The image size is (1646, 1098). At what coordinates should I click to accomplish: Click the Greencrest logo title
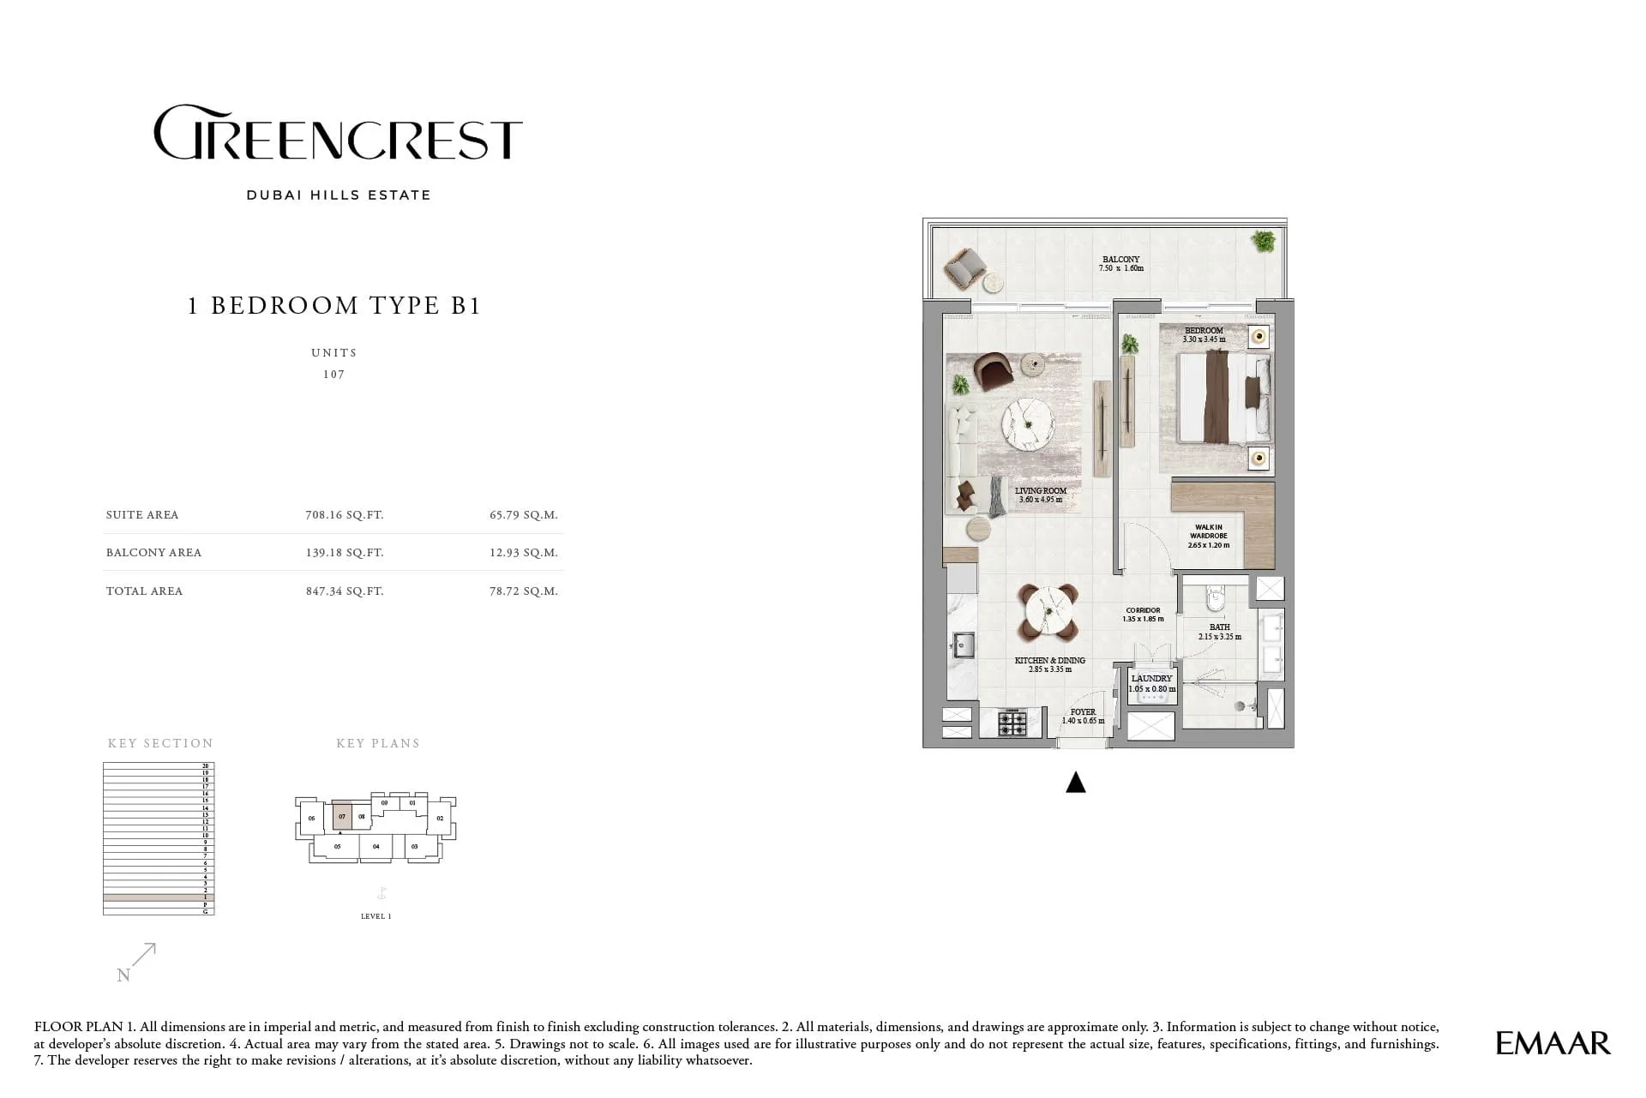(x=338, y=133)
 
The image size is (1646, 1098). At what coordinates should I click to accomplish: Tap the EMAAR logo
(x=1553, y=1043)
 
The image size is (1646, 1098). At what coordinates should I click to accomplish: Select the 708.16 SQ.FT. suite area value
(x=344, y=515)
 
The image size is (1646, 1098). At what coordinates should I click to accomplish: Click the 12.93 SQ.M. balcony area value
(x=523, y=553)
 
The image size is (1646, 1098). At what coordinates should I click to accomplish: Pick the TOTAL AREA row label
(x=144, y=591)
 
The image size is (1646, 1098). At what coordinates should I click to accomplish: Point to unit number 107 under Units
(x=333, y=375)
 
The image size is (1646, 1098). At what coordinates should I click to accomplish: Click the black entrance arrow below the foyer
(x=1075, y=782)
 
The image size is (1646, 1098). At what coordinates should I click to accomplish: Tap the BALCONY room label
(x=1120, y=260)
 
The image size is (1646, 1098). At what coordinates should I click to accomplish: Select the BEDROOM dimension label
(x=1204, y=335)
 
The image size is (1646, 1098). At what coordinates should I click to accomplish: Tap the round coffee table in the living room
(x=1029, y=424)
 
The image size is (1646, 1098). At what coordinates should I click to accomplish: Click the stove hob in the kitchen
(x=1012, y=724)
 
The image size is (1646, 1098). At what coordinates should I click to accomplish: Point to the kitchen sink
(x=964, y=645)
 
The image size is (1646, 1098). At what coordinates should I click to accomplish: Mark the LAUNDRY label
(x=1150, y=679)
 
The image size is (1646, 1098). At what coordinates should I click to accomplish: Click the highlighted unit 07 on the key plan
(x=342, y=816)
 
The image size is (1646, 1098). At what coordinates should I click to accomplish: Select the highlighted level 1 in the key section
(x=158, y=897)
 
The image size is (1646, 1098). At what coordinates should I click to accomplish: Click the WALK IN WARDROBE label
(x=1208, y=536)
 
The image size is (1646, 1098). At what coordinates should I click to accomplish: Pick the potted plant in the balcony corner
(x=1262, y=242)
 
